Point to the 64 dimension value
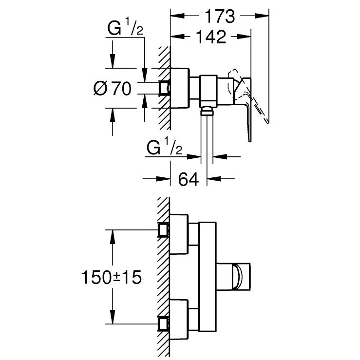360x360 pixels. (189, 180)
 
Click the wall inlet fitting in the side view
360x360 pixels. (165, 88)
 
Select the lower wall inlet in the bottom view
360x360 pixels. (165, 323)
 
